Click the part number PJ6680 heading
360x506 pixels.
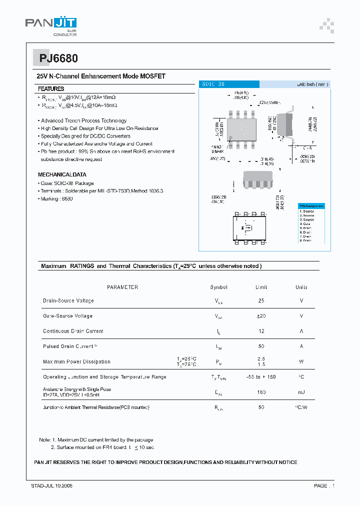click(x=58, y=58)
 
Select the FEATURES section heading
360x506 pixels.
click(x=50, y=88)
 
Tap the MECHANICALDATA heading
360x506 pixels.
click(x=62, y=175)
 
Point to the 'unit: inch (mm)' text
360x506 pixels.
click(x=312, y=84)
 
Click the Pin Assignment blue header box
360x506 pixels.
click(x=311, y=206)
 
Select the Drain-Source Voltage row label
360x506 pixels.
click(x=68, y=301)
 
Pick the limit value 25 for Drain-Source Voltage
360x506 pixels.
click(x=261, y=301)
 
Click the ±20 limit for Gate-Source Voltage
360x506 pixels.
click(x=261, y=316)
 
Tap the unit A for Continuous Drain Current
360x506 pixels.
click(x=301, y=331)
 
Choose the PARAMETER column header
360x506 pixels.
click(x=122, y=287)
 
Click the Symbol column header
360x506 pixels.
click(x=218, y=287)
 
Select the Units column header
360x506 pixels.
click(x=301, y=287)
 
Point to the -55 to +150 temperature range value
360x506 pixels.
click(x=261, y=377)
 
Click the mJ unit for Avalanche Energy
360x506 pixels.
click(x=301, y=392)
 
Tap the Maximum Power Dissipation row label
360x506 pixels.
click(x=76, y=361)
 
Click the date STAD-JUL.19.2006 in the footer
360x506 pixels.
click(x=48, y=486)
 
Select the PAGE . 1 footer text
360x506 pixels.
click(x=324, y=486)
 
